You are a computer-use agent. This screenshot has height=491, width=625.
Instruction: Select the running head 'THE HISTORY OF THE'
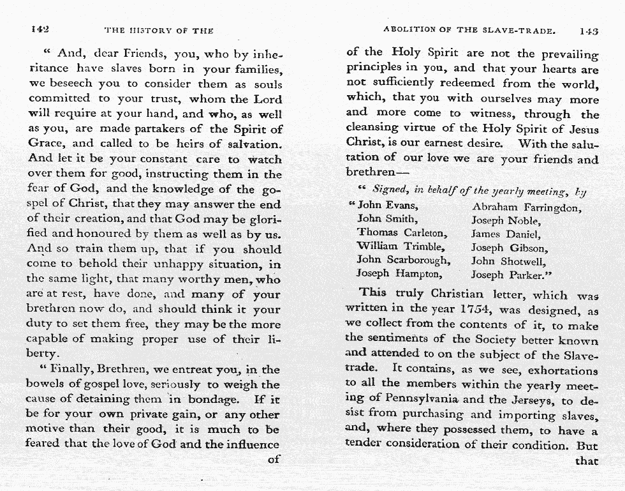158,30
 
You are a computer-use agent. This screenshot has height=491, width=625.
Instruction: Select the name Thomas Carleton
402,233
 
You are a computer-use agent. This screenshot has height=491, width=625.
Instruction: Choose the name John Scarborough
403,260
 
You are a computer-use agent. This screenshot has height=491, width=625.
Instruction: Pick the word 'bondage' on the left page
212,400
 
